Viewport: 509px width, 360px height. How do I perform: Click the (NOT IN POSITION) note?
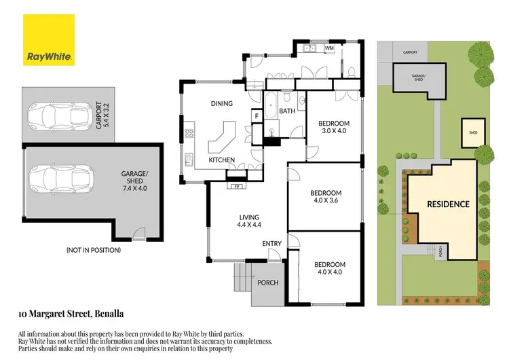[94, 250]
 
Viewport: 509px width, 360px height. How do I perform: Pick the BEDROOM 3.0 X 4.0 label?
[333, 127]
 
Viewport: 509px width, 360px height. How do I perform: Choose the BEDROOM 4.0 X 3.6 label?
[328, 196]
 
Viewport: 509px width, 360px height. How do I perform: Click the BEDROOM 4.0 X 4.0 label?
[329, 269]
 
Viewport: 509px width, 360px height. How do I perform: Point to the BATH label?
[287, 111]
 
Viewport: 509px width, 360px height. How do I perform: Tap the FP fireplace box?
[238, 186]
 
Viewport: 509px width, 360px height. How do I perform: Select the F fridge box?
[257, 116]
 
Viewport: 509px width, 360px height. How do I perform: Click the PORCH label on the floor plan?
[268, 283]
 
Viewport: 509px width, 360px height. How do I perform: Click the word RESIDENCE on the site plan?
[448, 204]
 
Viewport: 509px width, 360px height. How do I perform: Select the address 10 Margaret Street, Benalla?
[70, 314]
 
